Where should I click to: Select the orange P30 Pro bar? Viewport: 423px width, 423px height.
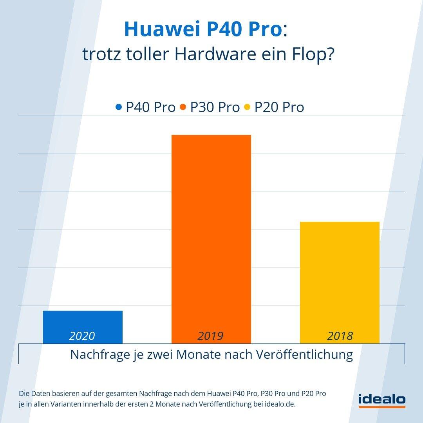tap(211, 235)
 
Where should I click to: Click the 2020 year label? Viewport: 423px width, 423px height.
tap(82, 336)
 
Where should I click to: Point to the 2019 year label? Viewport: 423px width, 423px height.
tap(210, 336)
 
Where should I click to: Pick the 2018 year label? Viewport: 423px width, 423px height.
tap(340, 336)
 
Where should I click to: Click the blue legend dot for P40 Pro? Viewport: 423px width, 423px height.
tap(119, 107)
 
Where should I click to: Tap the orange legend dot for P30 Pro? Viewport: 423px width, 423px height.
tap(183, 107)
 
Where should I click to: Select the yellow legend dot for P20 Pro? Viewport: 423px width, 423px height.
tap(247, 107)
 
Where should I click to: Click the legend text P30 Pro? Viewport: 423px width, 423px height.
tap(215, 107)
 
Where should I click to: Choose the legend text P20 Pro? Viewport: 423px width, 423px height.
tap(279, 107)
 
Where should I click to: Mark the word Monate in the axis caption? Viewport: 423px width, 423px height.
tap(199, 354)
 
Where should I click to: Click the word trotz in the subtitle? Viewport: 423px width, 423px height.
tap(100, 54)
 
